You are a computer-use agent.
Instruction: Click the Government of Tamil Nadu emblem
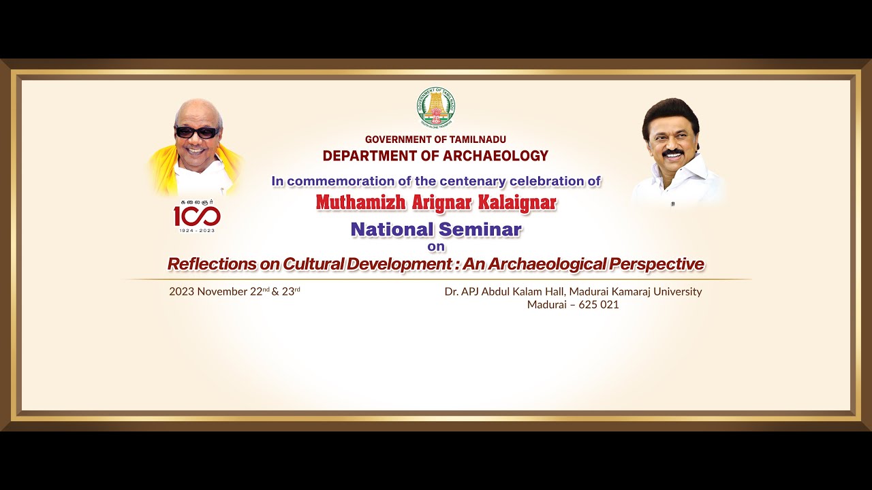click(x=436, y=108)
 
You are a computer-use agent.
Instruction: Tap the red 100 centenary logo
click(x=197, y=216)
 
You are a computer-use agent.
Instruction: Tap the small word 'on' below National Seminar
click(x=436, y=246)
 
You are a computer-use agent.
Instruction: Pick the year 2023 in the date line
click(x=183, y=291)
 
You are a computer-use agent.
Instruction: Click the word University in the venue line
click(x=676, y=291)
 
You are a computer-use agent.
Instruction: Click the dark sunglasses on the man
click(x=197, y=132)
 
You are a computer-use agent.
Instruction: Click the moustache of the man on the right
click(x=672, y=153)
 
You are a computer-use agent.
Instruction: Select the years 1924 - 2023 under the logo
click(x=197, y=231)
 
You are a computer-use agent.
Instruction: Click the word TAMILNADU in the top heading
click(x=477, y=140)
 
